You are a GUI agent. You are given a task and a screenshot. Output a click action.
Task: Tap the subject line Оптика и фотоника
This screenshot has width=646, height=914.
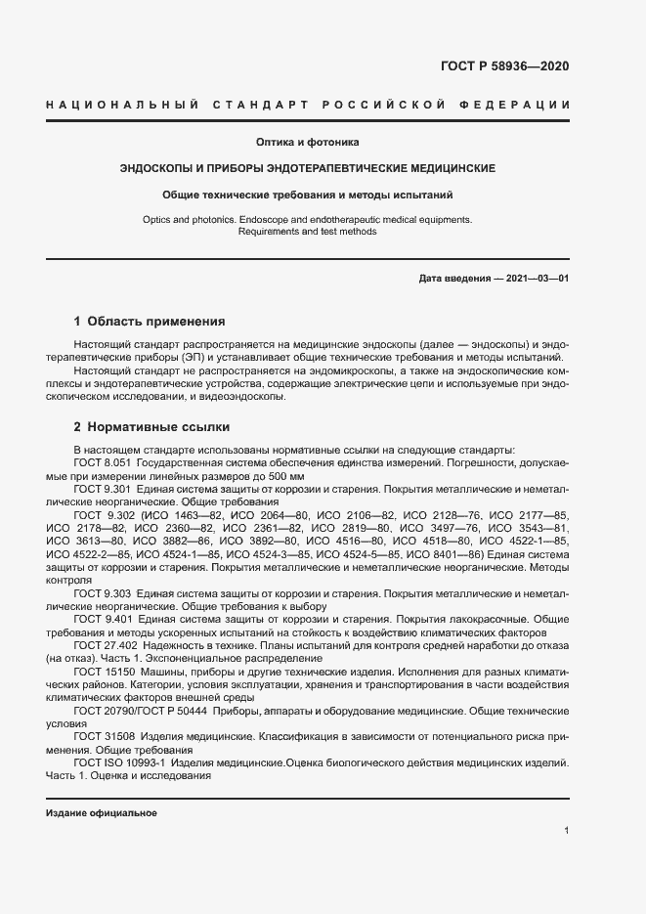pyautogui.click(x=308, y=142)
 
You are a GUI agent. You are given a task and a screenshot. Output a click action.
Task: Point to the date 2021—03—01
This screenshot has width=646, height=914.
pyautogui.click(x=533, y=279)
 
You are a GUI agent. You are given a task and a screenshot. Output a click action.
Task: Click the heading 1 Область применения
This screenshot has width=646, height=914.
pyautogui.click(x=151, y=321)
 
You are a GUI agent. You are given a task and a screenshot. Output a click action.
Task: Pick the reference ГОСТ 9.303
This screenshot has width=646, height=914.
pyautogui.click(x=103, y=594)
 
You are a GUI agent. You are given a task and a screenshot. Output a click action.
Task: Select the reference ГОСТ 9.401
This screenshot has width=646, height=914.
pyautogui.click(x=103, y=620)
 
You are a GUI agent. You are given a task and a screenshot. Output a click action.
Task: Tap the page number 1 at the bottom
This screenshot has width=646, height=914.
pyautogui.click(x=567, y=830)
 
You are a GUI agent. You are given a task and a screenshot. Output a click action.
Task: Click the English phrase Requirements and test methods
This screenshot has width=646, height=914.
pyautogui.click(x=308, y=232)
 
